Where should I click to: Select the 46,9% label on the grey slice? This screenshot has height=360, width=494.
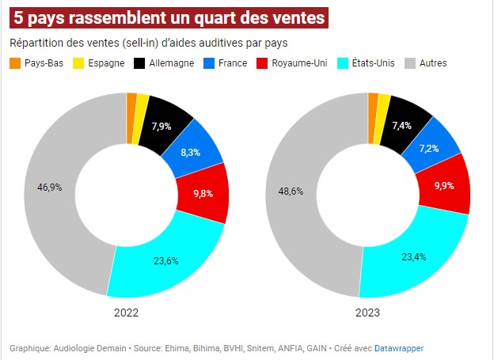tap(49, 188)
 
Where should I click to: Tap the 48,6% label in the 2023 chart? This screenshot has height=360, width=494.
tap(291, 191)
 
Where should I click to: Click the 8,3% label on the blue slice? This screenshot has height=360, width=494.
tap(190, 152)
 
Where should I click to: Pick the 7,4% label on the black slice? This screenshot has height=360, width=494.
tap(402, 125)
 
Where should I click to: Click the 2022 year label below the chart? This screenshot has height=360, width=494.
tap(126, 313)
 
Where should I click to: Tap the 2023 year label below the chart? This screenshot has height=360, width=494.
tap(367, 313)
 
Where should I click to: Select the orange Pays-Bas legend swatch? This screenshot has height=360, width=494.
tap(15, 63)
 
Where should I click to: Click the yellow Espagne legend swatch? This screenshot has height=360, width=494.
tap(78, 63)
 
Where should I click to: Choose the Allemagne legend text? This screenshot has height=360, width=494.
tap(173, 63)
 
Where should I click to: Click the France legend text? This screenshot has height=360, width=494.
tap(231, 63)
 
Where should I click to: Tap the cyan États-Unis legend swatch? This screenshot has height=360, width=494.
tap(343, 63)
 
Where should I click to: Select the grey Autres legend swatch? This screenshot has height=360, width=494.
tap(409, 63)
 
